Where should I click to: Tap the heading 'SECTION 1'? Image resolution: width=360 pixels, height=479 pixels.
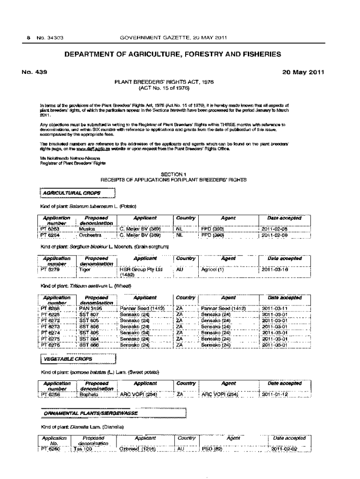[173, 174]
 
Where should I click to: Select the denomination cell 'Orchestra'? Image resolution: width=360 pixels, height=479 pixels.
[90, 235]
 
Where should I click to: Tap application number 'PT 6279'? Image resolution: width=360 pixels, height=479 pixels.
[50, 269]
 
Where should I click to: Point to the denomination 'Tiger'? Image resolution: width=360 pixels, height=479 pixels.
[85, 269]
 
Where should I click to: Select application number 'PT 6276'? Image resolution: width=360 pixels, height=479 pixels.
[50, 345]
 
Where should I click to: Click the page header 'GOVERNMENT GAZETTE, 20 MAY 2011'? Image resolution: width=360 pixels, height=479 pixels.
[173, 38]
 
